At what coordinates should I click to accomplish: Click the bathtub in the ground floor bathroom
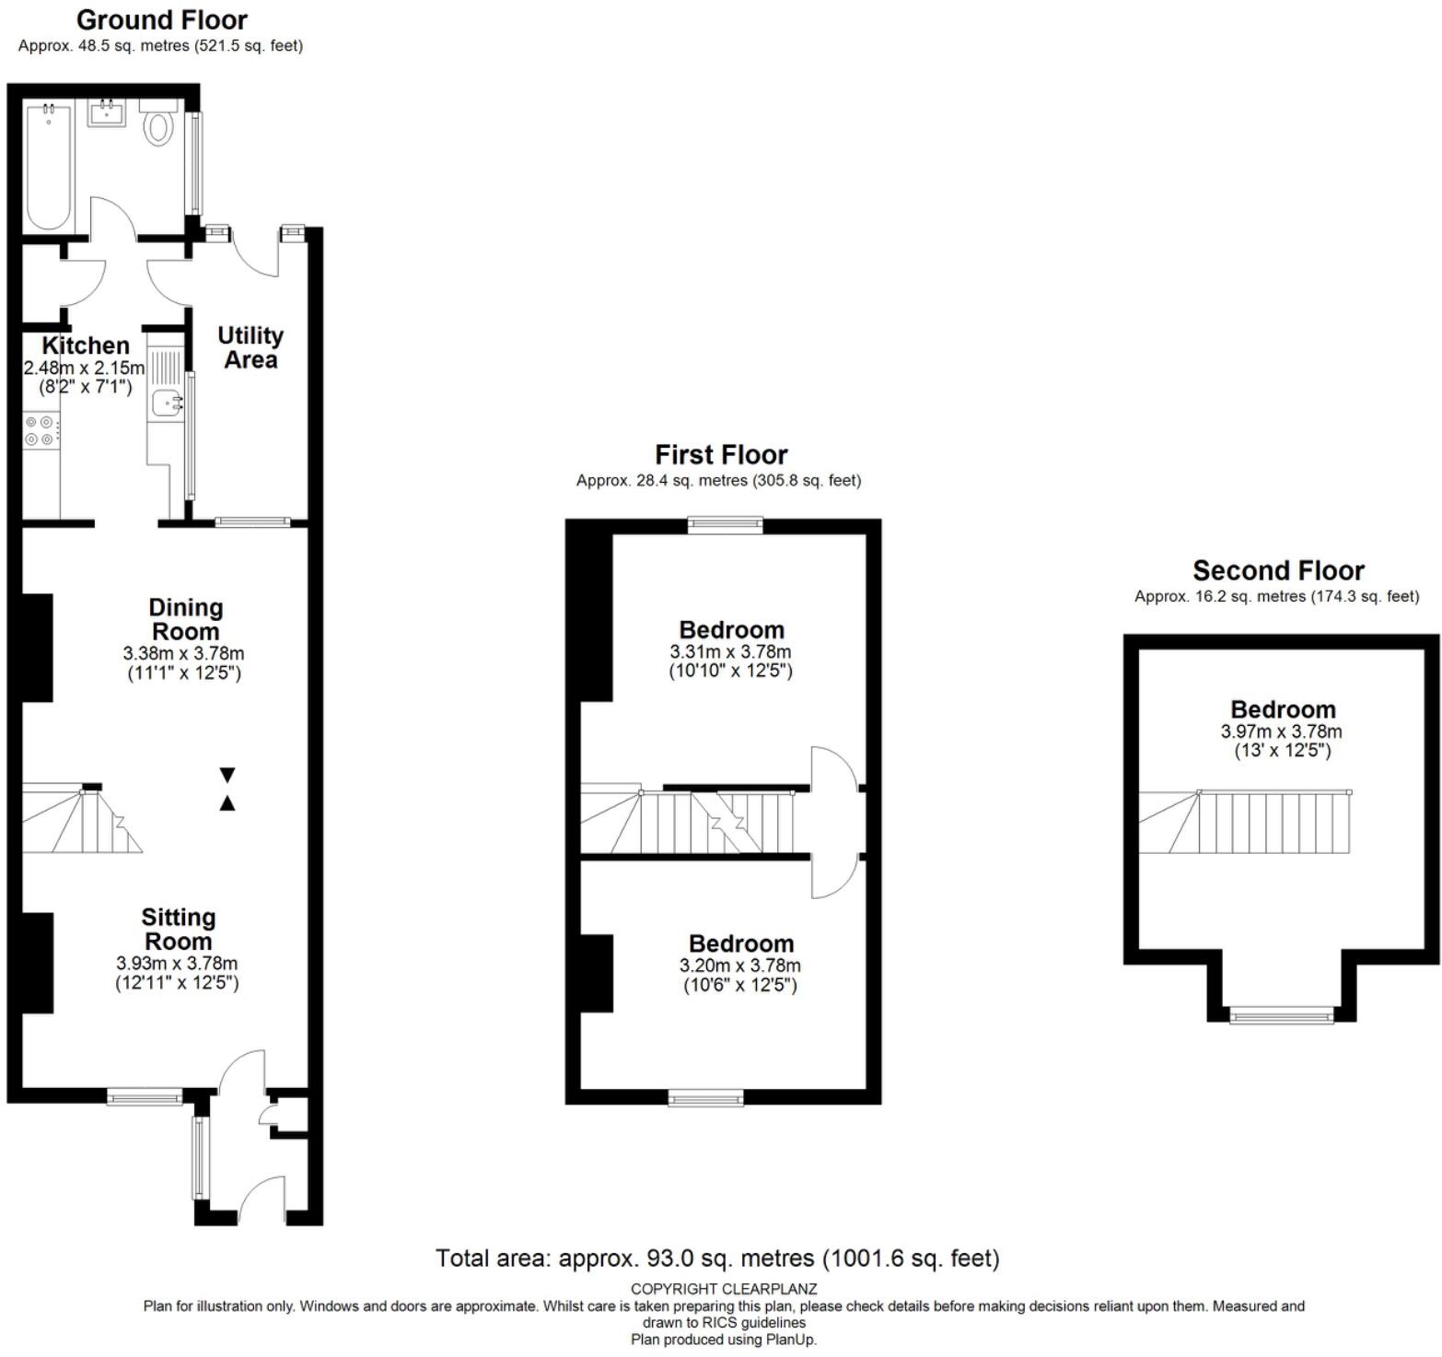pos(49,167)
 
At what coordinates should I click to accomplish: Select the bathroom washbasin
pos(107,113)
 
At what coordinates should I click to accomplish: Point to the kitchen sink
pos(167,403)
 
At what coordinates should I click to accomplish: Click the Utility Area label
pos(250,347)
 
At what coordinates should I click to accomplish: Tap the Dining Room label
pos(185,619)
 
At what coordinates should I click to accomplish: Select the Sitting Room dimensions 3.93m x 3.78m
pos(177,963)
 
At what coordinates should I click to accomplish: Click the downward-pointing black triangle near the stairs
pos(227,775)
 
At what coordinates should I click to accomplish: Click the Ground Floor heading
pos(161,19)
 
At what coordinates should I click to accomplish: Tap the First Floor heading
pos(721,454)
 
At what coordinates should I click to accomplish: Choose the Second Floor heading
pos(1278,570)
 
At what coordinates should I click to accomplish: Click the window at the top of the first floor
pos(726,525)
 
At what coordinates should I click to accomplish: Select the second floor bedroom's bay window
pos(1282,1016)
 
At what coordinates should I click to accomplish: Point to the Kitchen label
pos(86,345)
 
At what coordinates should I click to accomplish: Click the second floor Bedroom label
pos(1283,709)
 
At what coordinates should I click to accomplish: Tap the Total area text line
pos(717,1258)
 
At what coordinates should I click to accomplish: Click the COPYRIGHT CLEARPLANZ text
pos(724,1289)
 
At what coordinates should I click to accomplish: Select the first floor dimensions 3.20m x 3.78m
pos(739,965)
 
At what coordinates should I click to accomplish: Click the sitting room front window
pos(145,1096)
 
